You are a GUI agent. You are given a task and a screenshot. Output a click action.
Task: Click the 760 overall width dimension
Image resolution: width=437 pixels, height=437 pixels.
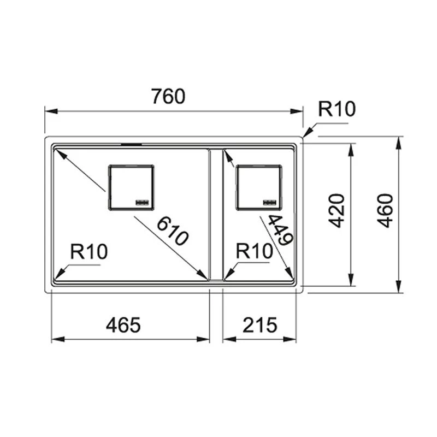point(168,96)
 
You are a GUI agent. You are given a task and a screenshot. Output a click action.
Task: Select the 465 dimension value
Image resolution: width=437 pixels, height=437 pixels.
point(123,326)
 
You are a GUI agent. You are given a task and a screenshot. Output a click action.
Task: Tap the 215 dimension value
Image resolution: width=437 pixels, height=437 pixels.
point(259,326)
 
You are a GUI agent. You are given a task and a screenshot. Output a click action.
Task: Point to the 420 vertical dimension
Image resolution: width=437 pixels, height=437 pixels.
point(337,210)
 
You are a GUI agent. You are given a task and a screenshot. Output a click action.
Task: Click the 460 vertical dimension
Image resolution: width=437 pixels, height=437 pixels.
point(386,210)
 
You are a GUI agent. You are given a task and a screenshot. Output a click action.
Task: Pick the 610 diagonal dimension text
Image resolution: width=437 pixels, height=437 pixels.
point(173,231)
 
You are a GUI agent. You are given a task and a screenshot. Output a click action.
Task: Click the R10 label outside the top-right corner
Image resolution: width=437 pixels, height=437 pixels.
point(337,109)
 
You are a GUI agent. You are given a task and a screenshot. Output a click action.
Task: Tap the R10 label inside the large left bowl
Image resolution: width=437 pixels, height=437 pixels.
point(89,252)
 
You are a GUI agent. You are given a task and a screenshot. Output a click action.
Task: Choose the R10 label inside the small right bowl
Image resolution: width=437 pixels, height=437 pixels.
point(254,252)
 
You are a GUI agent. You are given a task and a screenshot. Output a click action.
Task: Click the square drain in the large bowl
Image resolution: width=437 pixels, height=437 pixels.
point(131,187)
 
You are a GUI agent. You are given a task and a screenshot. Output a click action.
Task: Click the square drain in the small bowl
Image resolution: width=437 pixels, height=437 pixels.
point(259,187)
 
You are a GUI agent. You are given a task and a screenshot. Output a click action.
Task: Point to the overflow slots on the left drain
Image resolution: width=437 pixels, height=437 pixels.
point(143,202)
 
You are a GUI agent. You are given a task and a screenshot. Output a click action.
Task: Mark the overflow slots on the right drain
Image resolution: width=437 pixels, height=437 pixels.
point(271,202)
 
